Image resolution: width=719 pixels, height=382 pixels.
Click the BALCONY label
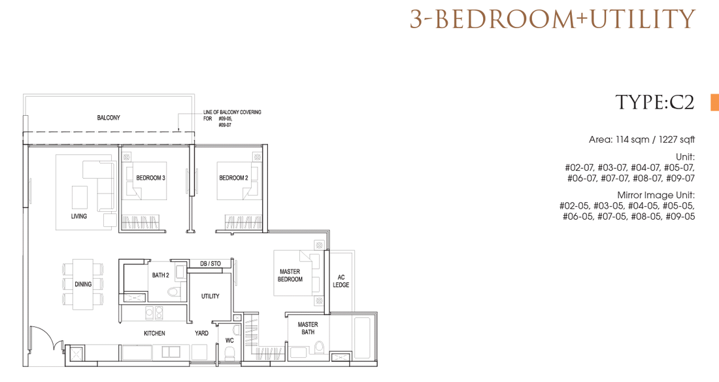pyautogui.click(x=109, y=118)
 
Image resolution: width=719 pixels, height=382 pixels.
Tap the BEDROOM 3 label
pyautogui.click(x=150, y=178)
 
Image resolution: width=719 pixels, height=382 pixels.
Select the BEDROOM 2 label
pyautogui.click(x=233, y=178)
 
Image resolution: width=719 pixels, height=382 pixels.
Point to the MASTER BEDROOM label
pyautogui.click(x=290, y=275)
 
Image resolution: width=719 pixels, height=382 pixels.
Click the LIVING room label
pyautogui.click(x=79, y=217)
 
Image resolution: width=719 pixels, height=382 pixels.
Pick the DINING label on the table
pyautogui.click(x=83, y=284)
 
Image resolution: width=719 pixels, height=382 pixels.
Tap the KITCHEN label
pyautogui.click(x=154, y=334)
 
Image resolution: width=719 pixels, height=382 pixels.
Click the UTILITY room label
pyautogui.click(x=210, y=296)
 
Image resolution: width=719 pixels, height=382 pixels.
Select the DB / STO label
pyautogui.click(x=210, y=264)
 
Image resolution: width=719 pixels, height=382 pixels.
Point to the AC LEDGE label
pyautogui.click(x=341, y=281)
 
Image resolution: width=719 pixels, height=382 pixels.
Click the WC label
pyautogui.click(x=229, y=340)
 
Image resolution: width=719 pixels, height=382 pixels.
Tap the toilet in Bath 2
pyautogui.click(x=173, y=291)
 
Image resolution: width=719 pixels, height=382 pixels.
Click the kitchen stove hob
pyautogui.click(x=154, y=313)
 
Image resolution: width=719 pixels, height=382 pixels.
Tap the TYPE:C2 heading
pyautogui.click(x=655, y=103)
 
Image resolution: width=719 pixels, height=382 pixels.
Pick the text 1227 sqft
pyautogui.click(x=677, y=139)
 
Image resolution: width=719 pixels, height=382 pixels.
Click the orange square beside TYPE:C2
pyautogui.click(x=715, y=103)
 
